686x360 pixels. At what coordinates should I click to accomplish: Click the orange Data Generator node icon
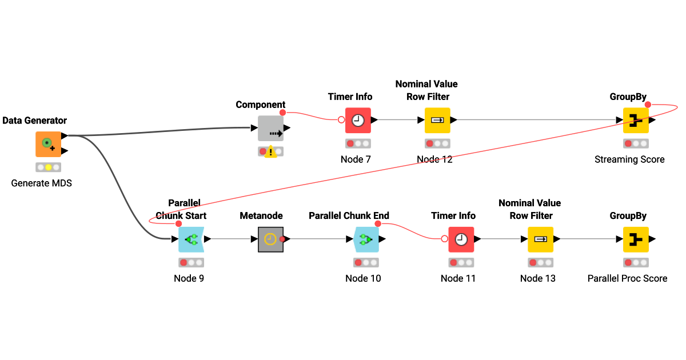(48, 144)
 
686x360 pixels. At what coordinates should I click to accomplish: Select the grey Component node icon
(270, 128)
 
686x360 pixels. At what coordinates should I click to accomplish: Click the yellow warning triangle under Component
(271, 152)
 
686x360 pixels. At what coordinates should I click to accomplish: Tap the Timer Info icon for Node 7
(358, 121)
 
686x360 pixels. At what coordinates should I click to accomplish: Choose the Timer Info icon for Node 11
(461, 239)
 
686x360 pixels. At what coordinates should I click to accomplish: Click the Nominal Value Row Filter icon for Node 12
(437, 121)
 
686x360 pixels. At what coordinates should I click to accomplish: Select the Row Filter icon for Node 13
(540, 239)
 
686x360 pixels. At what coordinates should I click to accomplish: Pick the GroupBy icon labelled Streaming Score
(636, 121)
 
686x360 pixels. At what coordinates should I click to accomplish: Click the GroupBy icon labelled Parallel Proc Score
(636, 239)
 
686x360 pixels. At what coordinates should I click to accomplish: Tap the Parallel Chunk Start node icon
(191, 239)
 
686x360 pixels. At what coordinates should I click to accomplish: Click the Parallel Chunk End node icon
(366, 239)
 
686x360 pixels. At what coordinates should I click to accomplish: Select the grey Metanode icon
(270, 239)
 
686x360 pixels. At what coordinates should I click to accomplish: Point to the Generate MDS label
(41, 183)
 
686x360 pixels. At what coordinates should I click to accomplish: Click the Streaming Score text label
(629, 159)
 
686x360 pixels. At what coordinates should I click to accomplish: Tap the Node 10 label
(363, 278)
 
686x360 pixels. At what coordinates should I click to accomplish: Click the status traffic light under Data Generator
(48, 167)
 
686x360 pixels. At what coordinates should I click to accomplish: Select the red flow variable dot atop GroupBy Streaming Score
(647, 105)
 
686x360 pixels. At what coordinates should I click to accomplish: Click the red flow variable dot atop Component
(282, 112)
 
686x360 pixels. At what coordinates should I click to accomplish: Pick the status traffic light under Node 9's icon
(191, 263)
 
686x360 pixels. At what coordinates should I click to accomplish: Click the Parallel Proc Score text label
(627, 278)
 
